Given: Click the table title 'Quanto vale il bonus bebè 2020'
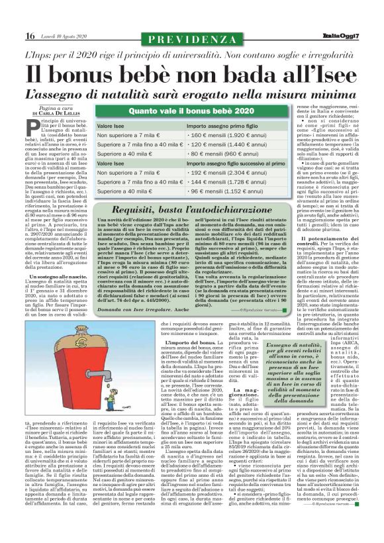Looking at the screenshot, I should click(x=189, y=111).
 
